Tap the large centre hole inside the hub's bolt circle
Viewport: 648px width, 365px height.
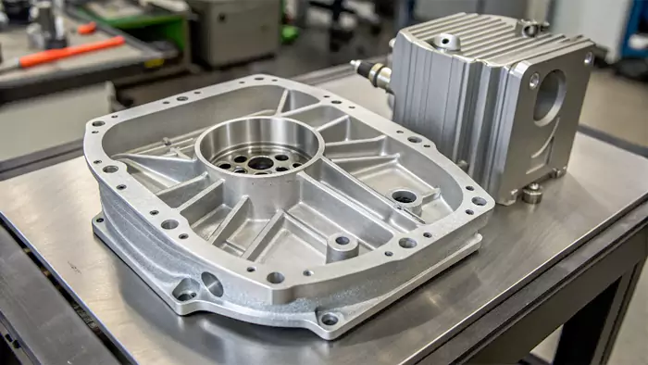coord(261,163)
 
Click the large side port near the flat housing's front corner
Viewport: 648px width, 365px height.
coord(212,284)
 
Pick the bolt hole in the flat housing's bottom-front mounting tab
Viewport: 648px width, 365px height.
coord(329,319)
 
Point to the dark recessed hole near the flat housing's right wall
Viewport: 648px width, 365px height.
coord(404,196)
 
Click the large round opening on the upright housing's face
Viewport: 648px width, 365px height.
coord(549,96)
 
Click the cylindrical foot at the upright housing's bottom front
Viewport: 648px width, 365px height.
coord(531,194)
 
